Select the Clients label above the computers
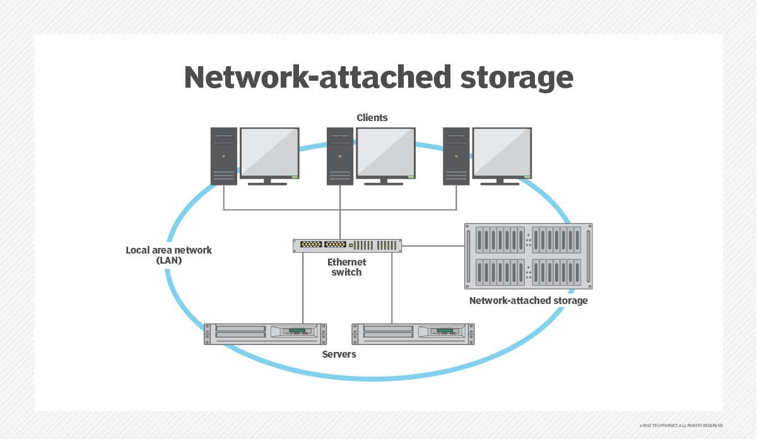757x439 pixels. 372,117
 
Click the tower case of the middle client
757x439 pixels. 340,156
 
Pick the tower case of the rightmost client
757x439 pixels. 456,156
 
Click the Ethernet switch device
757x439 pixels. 348,245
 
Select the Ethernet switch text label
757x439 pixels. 346,267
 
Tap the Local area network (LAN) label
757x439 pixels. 168,255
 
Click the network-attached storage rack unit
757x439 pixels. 528,255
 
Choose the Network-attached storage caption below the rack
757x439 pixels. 528,301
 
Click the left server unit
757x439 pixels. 265,334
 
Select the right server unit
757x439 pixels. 413,334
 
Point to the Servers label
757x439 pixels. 339,354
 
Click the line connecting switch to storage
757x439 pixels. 433,245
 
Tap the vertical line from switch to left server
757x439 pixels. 303,288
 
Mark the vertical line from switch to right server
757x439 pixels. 392,288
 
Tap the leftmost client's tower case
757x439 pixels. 224,156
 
